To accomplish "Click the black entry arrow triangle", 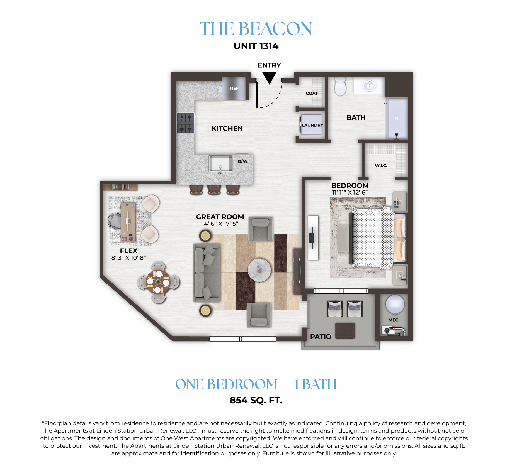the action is tap(269, 77).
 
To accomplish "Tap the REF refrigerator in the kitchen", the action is tap(234, 88).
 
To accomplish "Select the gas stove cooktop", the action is tap(185, 123).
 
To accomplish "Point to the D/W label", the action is tap(242, 161).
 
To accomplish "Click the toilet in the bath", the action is tap(340, 86).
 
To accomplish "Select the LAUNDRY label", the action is tap(312, 125).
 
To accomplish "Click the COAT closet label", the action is tap(312, 94).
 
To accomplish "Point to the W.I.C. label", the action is tap(381, 165).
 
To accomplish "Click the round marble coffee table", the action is tap(259, 270).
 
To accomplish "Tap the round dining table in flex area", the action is tap(158, 282).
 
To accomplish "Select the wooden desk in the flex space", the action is tap(128, 222).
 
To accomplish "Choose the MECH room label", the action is tap(395, 320).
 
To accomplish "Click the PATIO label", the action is tap(321, 337).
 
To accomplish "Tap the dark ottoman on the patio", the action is tap(345, 331).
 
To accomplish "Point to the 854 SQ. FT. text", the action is tap(256, 400).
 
